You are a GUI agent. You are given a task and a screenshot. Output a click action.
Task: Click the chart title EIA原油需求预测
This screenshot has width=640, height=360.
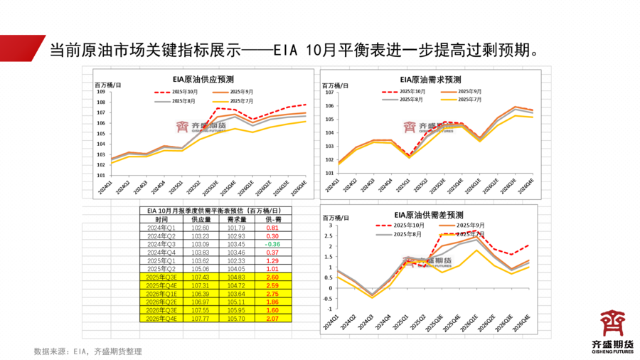click(431, 80)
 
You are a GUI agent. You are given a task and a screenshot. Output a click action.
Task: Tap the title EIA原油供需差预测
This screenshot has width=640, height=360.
click(428, 214)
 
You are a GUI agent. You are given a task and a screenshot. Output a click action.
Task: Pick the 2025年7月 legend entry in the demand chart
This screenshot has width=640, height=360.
click(460, 100)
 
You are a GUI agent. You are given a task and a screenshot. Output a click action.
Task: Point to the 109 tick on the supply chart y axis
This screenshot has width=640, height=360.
click(100, 92)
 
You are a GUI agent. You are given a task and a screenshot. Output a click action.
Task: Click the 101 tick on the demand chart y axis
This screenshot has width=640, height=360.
click(329, 173)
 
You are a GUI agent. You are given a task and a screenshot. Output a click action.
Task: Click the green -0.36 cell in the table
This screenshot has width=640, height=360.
click(272, 244)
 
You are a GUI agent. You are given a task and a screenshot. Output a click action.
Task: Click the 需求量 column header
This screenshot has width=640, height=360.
click(237, 220)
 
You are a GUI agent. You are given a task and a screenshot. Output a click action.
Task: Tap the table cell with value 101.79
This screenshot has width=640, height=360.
click(237, 228)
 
